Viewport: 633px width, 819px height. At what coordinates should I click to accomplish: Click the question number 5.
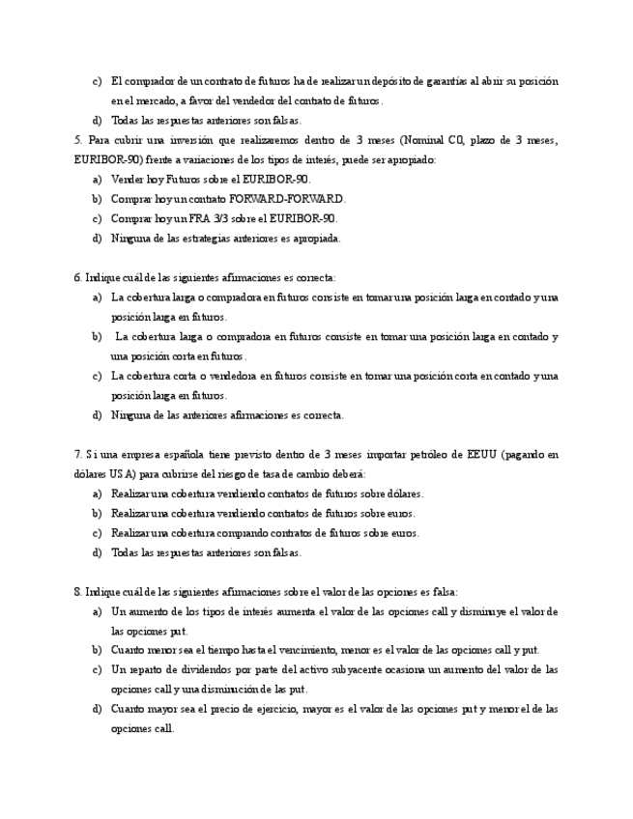(77, 140)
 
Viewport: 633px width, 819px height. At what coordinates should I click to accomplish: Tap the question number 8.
(77, 591)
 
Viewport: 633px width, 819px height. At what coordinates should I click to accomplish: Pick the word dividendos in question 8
(200, 669)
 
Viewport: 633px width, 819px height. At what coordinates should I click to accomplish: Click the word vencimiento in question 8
(301, 650)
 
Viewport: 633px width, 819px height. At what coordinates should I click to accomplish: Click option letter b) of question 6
(97, 337)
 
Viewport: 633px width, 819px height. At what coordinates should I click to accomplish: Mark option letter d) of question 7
(97, 552)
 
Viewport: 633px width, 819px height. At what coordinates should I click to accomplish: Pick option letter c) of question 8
(97, 669)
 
